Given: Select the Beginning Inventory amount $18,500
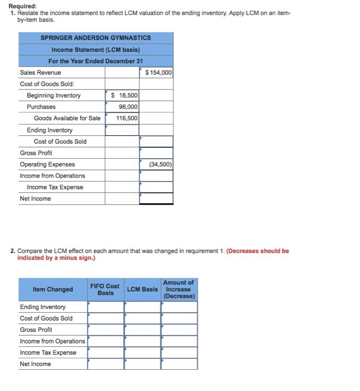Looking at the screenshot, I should tap(124, 96).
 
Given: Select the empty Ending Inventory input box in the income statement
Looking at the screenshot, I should tap(122, 130).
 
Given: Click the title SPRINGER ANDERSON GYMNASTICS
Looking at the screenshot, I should tap(95, 37).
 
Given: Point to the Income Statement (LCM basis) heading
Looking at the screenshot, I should tap(95, 49).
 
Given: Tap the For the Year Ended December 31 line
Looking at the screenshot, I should tap(95, 61).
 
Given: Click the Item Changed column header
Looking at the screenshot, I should tap(52, 289).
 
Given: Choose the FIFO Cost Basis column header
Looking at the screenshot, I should tap(105, 289).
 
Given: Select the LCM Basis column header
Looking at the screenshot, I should tap(142, 289).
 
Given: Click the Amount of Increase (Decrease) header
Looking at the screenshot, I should tap(179, 289).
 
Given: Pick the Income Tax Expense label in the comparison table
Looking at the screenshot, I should tap(48, 352).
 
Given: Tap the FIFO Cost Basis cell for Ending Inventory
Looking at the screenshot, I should tap(105, 307).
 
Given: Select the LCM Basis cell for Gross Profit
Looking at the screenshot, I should tap(142, 330).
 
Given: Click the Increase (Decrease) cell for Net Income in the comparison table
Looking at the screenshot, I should tap(179, 364).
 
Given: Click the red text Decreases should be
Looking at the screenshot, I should tap(258, 251).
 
